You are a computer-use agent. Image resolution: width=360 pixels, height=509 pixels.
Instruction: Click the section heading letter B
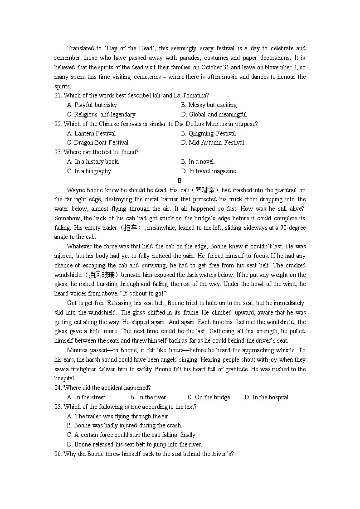click(180, 180)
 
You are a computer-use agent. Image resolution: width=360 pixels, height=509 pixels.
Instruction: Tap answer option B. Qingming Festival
click(208, 133)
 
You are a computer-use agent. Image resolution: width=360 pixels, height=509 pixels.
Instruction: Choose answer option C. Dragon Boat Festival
click(97, 143)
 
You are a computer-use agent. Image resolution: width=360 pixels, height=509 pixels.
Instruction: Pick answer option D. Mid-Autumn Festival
click(212, 143)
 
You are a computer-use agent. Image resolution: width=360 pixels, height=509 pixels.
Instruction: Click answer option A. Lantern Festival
click(91, 133)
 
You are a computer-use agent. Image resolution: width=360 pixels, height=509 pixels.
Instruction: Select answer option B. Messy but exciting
click(209, 105)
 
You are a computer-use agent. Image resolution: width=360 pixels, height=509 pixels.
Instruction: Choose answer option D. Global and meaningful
click(214, 114)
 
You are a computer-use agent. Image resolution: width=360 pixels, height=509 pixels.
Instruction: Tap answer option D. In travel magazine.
click(209, 171)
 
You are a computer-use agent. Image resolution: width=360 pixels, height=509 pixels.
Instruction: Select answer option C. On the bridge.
click(209, 397)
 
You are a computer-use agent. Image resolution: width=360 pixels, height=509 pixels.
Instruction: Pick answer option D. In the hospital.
click(267, 397)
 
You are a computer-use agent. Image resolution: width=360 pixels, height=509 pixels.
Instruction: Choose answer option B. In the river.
click(149, 397)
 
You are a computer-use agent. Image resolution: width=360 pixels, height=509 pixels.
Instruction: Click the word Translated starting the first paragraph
click(80, 48)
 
